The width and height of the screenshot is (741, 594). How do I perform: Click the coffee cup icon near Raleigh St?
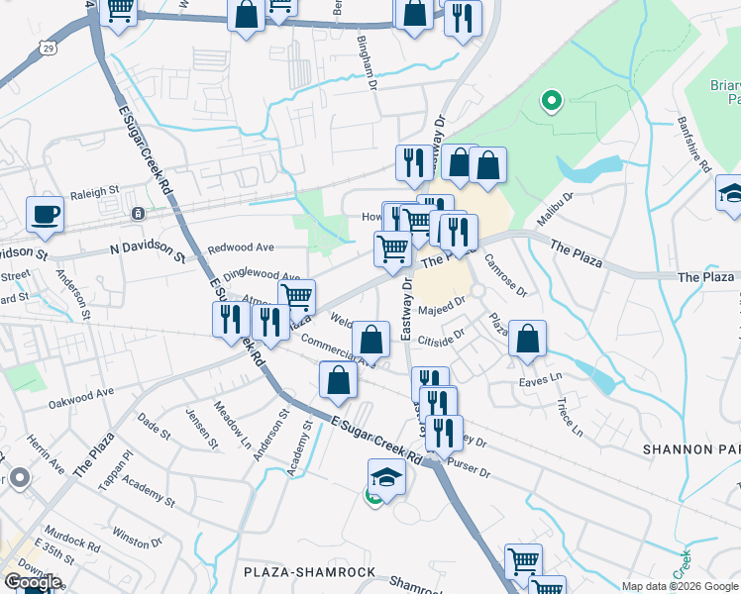[x=45, y=214]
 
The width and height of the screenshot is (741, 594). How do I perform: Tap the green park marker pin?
[x=551, y=101]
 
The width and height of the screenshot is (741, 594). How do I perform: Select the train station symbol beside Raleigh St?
[x=138, y=213]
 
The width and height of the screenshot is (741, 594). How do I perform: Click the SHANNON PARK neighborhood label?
[x=690, y=448]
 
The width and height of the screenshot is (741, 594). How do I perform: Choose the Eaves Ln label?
[x=540, y=379]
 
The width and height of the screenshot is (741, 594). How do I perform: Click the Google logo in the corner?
[x=32, y=582]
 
